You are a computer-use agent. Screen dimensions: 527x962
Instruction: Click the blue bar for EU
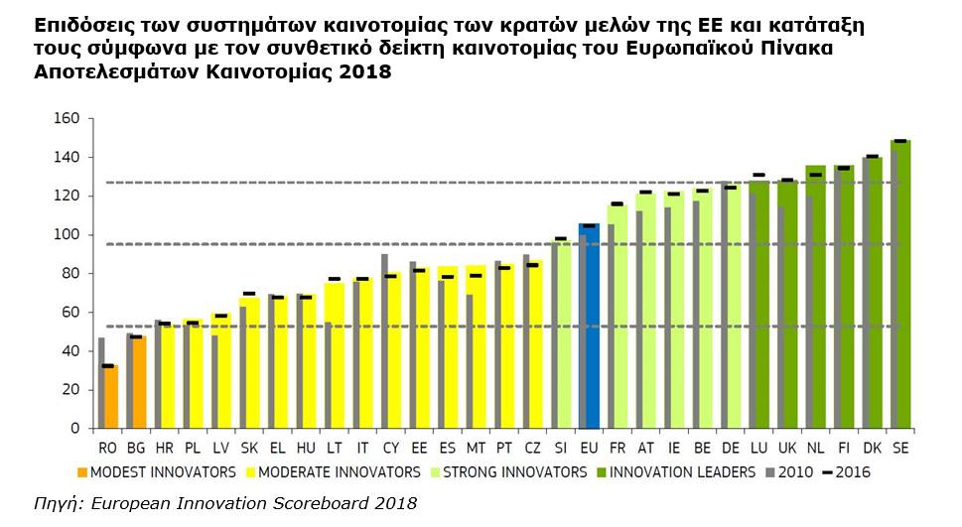(591, 328)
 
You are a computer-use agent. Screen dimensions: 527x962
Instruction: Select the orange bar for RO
(110, 397)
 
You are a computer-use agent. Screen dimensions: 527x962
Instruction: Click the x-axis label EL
(278, 448)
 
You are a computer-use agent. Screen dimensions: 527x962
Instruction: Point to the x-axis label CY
(391, 448)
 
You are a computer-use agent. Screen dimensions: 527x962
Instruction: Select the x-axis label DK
(873, 448)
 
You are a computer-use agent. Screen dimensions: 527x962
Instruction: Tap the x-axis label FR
(618, 448)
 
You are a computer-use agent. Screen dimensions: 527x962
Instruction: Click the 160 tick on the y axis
(66, 119)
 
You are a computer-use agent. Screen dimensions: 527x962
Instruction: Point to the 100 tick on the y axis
(66, 235)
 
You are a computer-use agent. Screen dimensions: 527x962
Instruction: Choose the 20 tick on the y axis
(70, 390)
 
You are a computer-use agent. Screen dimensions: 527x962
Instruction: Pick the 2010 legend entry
(795, 472)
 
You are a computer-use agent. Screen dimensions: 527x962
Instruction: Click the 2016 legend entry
(852, 472)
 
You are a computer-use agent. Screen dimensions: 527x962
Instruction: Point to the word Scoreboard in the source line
(317, 504)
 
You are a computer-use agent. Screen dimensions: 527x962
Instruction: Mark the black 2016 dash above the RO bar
(107, 366)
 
